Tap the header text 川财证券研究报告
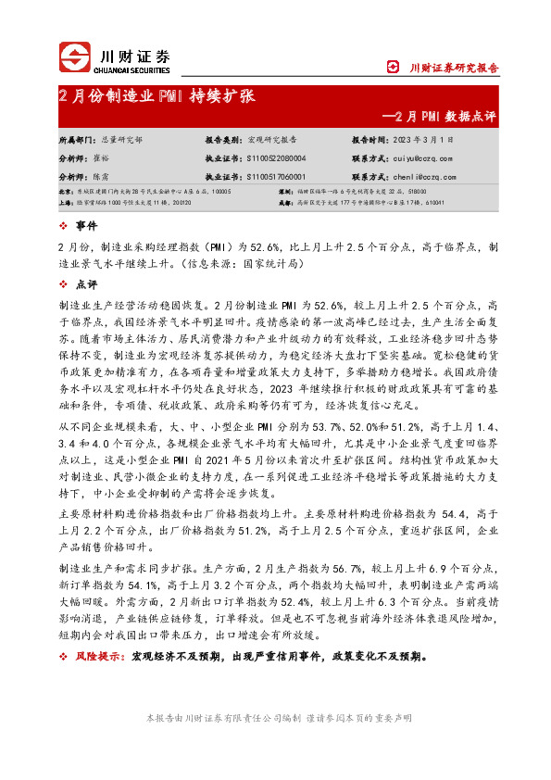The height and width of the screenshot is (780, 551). [454, 68]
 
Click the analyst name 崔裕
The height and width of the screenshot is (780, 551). [106, 158]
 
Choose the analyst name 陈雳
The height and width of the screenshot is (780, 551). [106, 175]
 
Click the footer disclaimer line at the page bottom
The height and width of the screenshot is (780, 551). [275, 719]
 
